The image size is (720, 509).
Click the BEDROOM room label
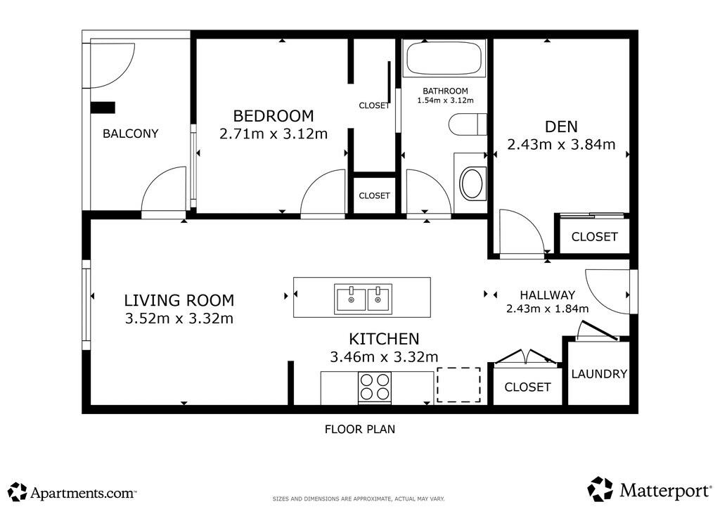274,116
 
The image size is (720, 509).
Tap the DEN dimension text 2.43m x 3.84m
561,145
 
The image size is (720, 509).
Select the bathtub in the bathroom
444,58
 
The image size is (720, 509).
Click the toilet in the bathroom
468,124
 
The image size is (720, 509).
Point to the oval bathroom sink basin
472,183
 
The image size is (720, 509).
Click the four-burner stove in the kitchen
375,388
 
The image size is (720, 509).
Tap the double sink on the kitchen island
364,299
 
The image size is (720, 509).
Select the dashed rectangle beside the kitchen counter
458,385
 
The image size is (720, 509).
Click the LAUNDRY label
599,374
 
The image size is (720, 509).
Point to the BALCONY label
130,134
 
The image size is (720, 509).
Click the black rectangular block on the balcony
103,108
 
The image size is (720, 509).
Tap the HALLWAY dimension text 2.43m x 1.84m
547,309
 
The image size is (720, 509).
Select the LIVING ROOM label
179,301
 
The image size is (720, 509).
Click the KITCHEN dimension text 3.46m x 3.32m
384,356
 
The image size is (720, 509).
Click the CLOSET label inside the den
594,237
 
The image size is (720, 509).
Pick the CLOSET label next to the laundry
527,387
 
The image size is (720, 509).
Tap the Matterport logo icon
600,489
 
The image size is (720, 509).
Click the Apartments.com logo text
83,494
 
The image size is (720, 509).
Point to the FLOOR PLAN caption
360,429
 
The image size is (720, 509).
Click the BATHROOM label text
445,91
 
